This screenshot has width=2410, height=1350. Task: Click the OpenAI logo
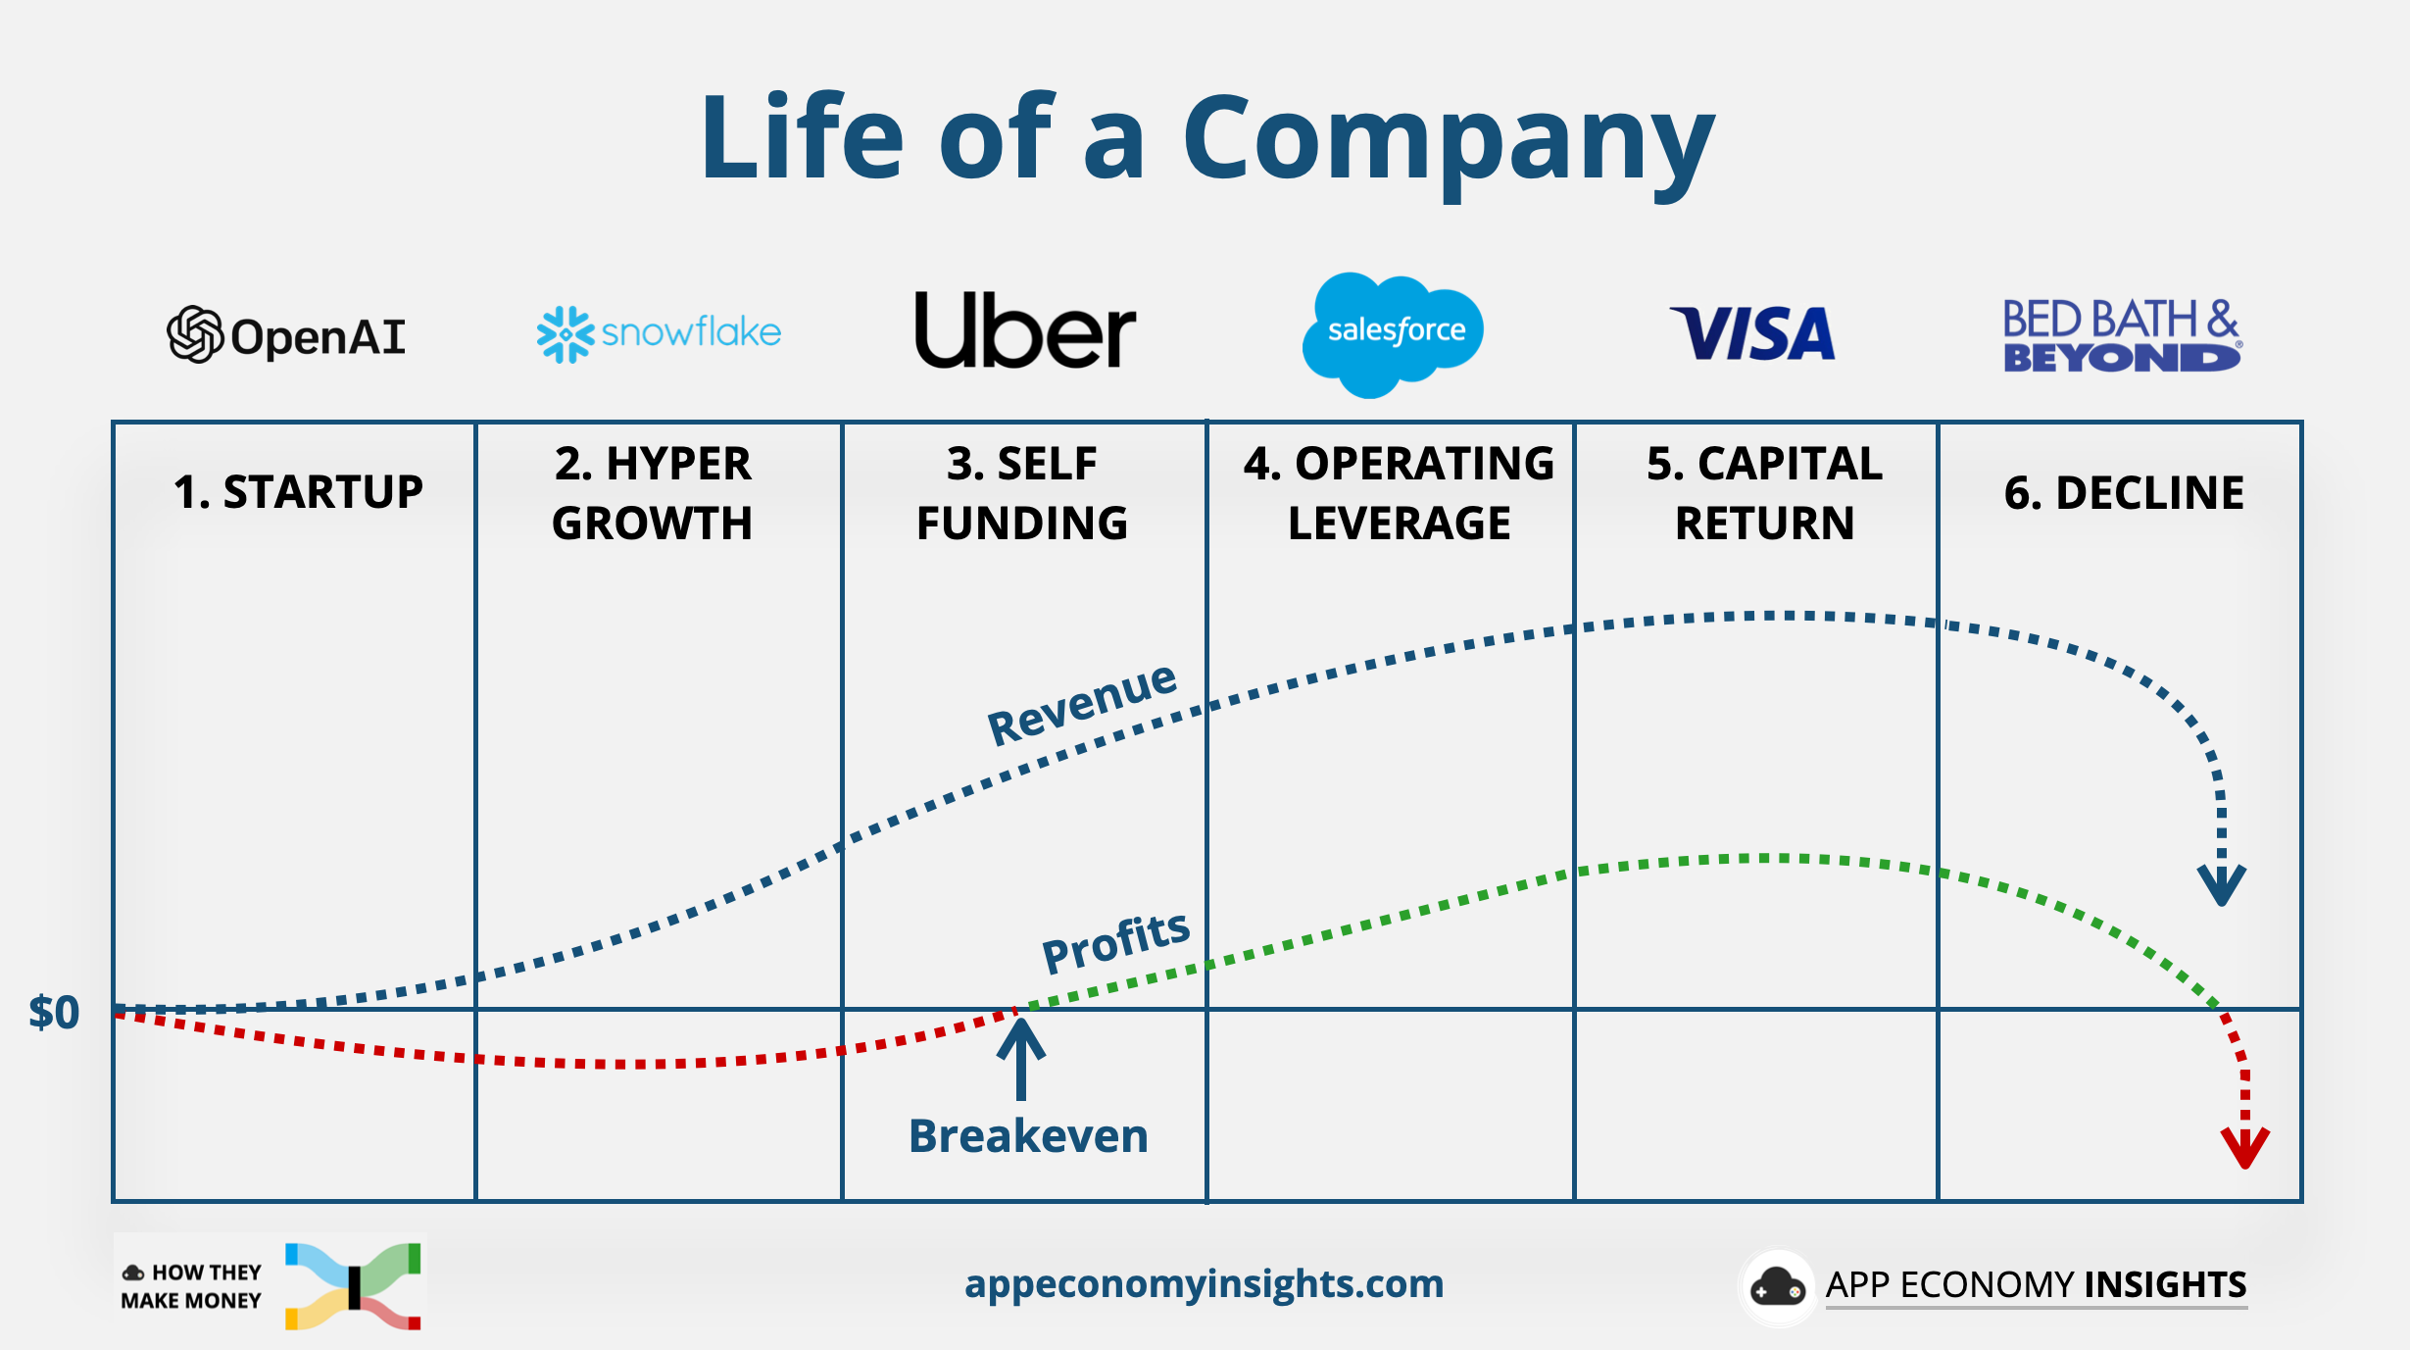tap(285, 335)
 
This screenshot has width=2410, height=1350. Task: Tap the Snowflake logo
tap(659, 333)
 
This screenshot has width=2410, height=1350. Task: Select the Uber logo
tap(1024, 330)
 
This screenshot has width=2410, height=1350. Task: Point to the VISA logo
tap(1752, 333)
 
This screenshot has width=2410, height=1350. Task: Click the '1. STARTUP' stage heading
tap(298, 492)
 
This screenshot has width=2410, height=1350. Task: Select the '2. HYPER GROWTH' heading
tap(653, 493)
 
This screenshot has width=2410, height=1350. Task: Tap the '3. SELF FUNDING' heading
tap(1022, 493)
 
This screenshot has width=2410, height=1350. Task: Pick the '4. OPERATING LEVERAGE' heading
tap(1399, 493)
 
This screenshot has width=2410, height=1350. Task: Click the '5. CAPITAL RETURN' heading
tap(1764, 493)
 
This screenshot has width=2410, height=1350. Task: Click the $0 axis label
tap(54, 1013)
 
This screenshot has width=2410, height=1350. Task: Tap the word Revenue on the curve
tap(1081, 703)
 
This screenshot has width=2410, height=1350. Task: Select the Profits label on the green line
tap(1115, 941)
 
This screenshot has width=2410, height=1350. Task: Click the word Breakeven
tap(1028, 1136)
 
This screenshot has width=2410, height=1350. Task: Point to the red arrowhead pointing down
tap(2244, 1147)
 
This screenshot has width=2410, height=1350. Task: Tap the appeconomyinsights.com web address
tap(1204, 1283)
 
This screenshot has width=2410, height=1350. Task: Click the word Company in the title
tap(1449, 139)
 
